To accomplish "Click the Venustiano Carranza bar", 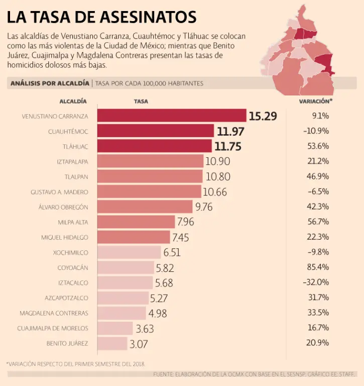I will tap(171, 116).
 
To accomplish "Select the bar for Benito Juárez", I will tap(112, 344).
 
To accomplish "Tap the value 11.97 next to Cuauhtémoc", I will tap(230, 132).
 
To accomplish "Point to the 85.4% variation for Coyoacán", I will tap(317, 267).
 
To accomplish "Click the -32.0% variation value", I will tap(316, 282).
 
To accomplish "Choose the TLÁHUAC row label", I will tap(75, 146).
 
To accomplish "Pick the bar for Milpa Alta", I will tap(136, 222).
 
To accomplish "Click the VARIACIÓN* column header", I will tap(316, 101).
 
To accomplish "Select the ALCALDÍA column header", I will tap(73, 101).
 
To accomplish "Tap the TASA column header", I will tap(141, 101).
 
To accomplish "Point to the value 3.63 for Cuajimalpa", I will tap(145, 329).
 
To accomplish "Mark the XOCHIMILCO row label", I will tap(70, 252).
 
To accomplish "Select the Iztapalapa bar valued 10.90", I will tap(150, 161).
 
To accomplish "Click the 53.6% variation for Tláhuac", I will tap(317, 146).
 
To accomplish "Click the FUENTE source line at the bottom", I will tap(255, 374).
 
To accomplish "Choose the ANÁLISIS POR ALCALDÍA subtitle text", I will tap(49, 83).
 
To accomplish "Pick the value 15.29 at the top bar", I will tap(263, 116).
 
